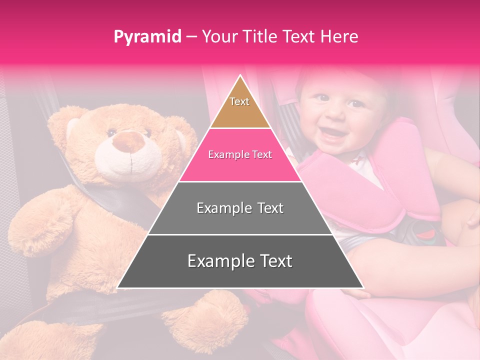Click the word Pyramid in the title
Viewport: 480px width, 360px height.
tap(147, 37)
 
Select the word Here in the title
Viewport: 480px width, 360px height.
tap(339, 36)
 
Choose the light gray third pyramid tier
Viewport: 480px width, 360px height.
tap(240, 208)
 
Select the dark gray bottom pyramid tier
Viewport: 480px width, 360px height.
tap(240, 261)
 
